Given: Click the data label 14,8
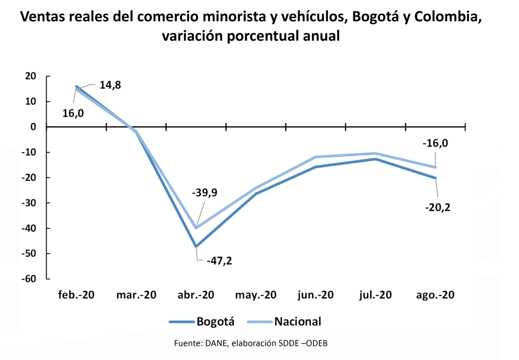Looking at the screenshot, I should (x=110, y=85).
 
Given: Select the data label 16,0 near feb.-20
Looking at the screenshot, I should (x=73, y=113).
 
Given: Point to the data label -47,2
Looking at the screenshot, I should (x=219, y=261).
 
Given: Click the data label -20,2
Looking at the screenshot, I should (x=436, y=207).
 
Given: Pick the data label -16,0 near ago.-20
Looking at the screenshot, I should (x=435, y=143).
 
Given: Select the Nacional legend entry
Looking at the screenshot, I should (x=284, y=321).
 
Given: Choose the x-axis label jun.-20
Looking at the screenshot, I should (x=316, y=295).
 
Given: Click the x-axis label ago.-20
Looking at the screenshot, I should (x=435, y=295).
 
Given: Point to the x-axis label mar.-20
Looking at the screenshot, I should (x=136, y=295).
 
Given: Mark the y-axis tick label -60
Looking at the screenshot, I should (x=30, y=279).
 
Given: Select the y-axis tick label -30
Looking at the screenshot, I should (x=30, y=203).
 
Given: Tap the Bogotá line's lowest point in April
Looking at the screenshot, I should (x=196, y=246).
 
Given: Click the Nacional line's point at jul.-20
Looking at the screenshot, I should (x=376, y=153).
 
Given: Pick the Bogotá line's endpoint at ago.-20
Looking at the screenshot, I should (x=435, y=178).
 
